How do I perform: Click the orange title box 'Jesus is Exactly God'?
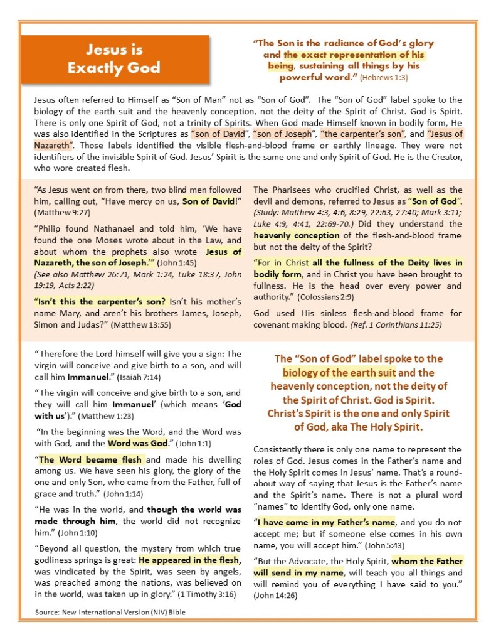coord(113,58)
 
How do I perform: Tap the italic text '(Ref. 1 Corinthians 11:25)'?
coord(398,324)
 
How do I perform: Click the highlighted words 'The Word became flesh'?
coord(91,460)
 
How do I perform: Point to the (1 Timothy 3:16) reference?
coord(204,594)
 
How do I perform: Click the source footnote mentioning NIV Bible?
coord(110,612)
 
